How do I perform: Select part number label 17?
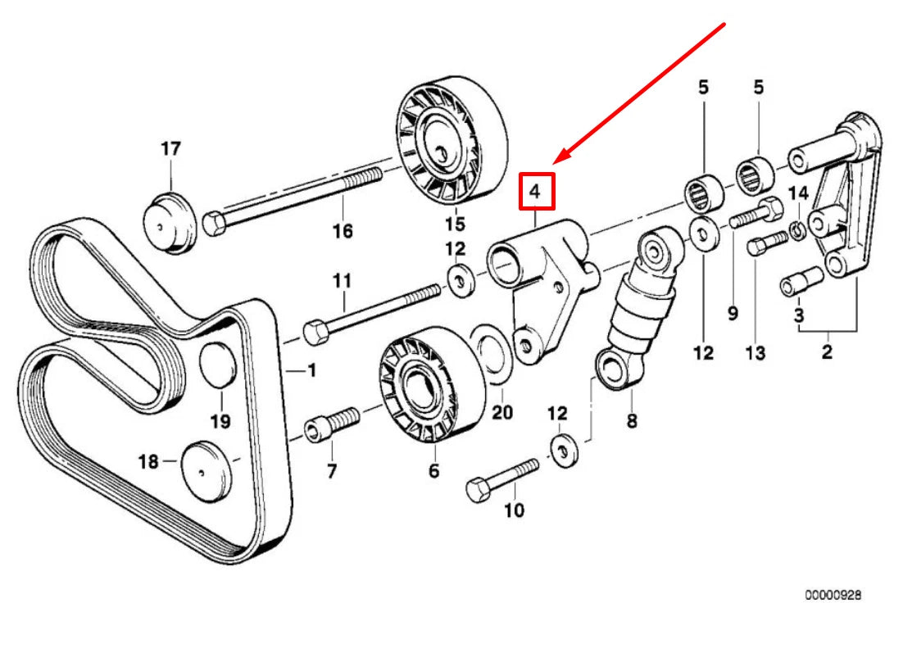coord(170,149)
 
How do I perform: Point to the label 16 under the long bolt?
coord(342,231)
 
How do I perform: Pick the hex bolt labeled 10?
coord(500,479)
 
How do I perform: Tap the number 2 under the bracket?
coord(826,353)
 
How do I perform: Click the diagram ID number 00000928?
coord(832,596)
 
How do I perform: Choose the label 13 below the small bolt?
coord(755,353)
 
